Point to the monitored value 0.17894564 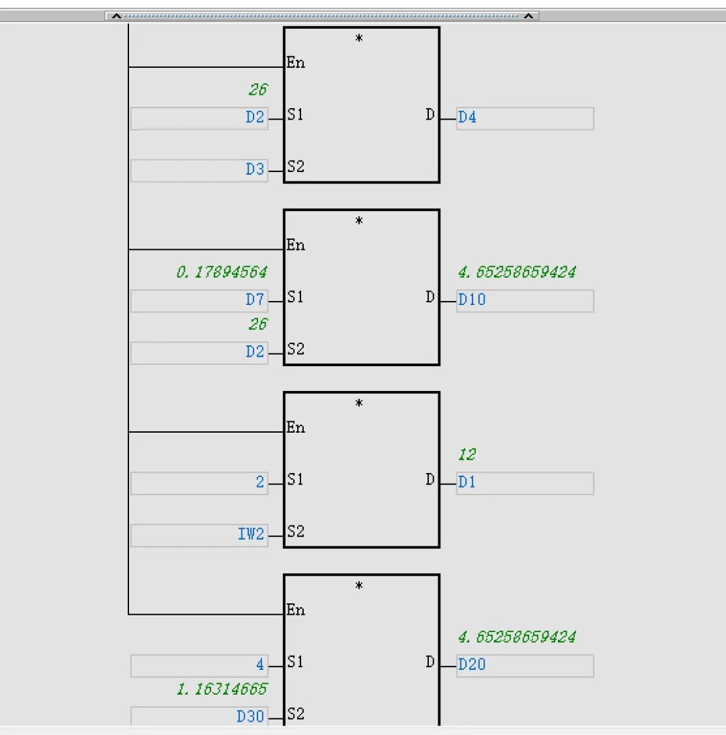pyautogui.click(x=222, y=273)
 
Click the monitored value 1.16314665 pyautogui.click(x=222, y=689)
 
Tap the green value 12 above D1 pyautogui.click(x=467, y=456)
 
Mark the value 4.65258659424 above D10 pyautogui.click(x=517, y=273)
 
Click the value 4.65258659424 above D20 pyautogui.click(x=517, y=637)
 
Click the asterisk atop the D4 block pyautogui.click(x=359, y=39)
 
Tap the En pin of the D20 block pyautogui.click(x=296, y=610)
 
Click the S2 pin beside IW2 pyautogui.click(x=296, y=531)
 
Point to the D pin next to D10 pyautogui.click(x=430, y=297)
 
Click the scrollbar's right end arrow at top pyautogui.click(x=529, y=15)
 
